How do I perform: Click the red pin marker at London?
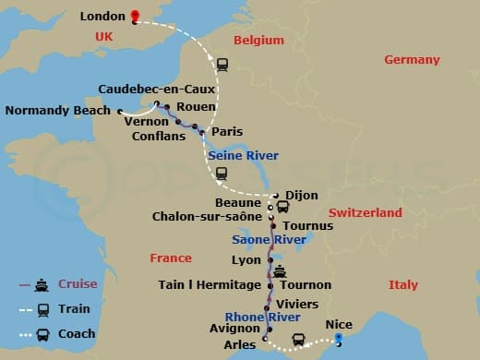coord(135,16)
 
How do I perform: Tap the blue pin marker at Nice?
coord(339,339)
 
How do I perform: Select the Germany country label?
coord(412,60)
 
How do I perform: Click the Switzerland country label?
coord(366,212)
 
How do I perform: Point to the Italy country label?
coord(402,284)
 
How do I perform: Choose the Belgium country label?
coord(258,41)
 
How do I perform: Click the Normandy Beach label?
coord(57,111)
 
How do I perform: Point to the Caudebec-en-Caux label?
coord(156,90)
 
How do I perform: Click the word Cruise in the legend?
coord(77,283)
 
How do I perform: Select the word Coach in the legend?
coord(76,334)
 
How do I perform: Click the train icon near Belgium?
coord(222,65)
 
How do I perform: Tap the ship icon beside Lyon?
coord(280,271)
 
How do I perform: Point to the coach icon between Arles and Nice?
coord(298,340)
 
